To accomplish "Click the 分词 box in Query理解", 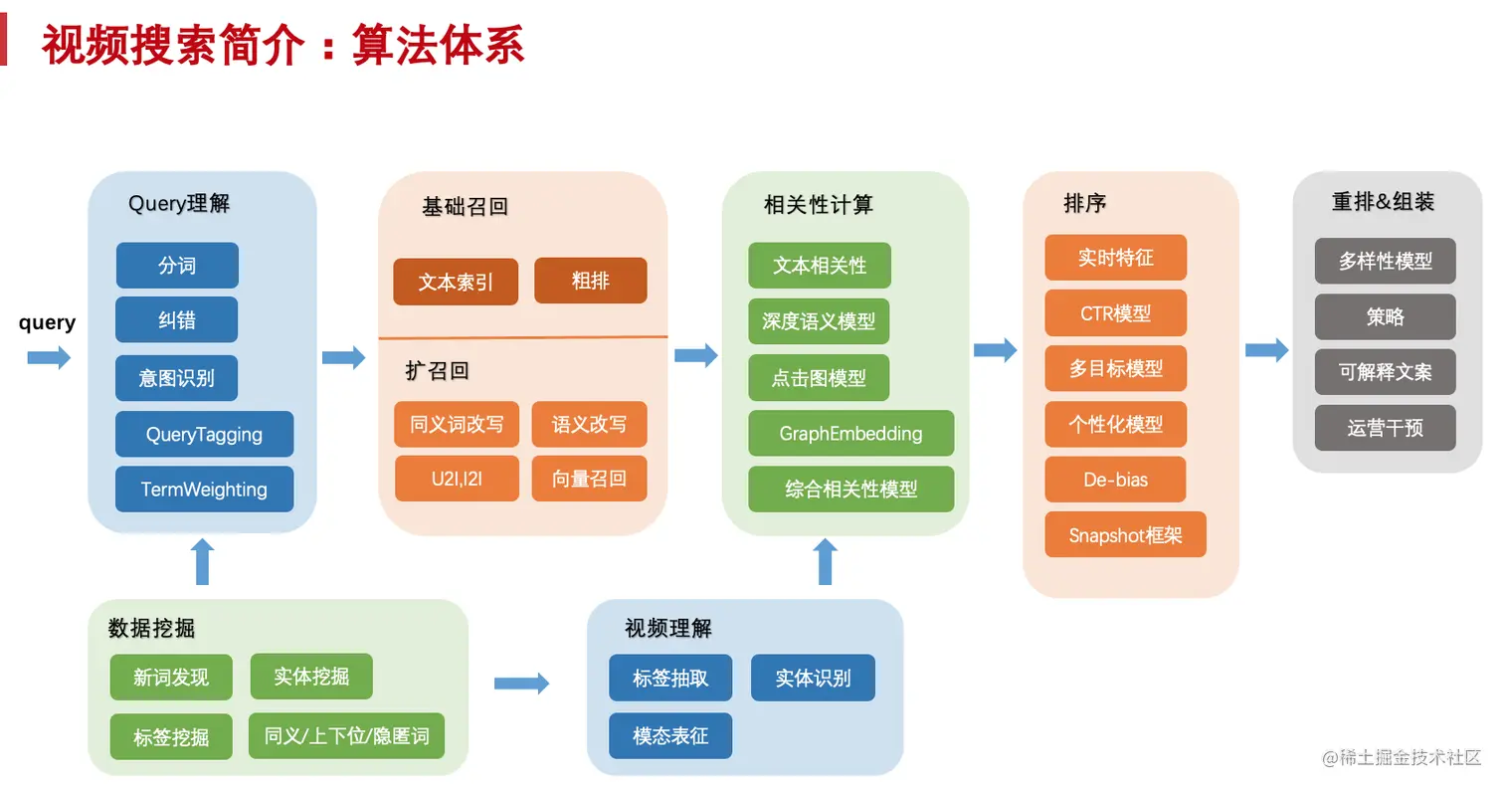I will pos(177,266).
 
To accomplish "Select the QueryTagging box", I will pos(204,434).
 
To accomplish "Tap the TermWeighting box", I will pos(204,489).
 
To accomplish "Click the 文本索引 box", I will pos(456,282).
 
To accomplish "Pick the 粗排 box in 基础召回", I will pos(590,281).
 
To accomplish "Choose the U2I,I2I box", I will pos(457,479).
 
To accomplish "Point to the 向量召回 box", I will pos(589,479).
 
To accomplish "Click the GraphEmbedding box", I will pos(850,434).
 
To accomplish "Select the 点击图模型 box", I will pos(819,378).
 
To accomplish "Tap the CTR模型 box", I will pos(1115,313).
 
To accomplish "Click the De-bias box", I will pos(1115,480).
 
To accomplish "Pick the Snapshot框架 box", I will pos(1125,535).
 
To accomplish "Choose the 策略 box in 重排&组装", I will pos(1385,316).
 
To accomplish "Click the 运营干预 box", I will pos(1385,428).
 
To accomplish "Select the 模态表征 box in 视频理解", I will pos(670,736).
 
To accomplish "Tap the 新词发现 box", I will pos(171,678).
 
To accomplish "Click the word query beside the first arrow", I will pos(47,322).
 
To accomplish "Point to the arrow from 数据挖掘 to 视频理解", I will pos(521,683).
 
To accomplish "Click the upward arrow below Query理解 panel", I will pos(203,562).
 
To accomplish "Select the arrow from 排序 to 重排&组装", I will pos(1266,350).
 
